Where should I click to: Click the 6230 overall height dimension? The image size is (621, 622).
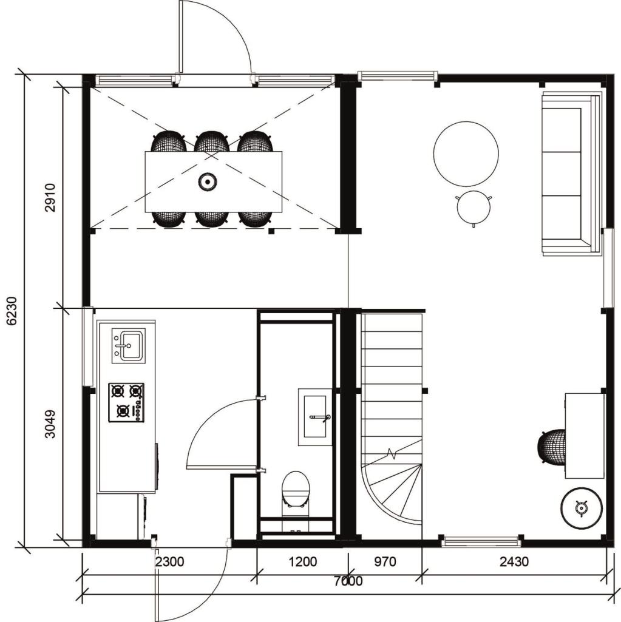point(12,311)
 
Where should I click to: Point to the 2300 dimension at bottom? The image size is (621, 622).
point(169,561)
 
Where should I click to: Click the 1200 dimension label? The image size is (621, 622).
point(302,561)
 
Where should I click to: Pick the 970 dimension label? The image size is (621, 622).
point(385,561)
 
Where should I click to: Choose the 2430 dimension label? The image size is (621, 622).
point(514,561)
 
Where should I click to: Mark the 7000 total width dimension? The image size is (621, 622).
point(348,581)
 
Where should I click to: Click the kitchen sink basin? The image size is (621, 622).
point(129,346)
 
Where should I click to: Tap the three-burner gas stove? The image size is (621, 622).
point(126,403)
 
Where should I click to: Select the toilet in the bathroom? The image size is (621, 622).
point(296,492)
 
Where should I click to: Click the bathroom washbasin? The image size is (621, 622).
point(315,417)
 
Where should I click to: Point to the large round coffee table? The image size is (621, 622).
point(466,154)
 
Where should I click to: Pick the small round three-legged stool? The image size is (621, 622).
point(473,208)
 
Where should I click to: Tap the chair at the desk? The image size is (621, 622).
point(552,446)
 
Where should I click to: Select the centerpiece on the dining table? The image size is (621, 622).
point(208,182)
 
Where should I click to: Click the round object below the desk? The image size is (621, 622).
point(582,509)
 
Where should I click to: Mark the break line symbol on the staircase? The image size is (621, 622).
point(393,453)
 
